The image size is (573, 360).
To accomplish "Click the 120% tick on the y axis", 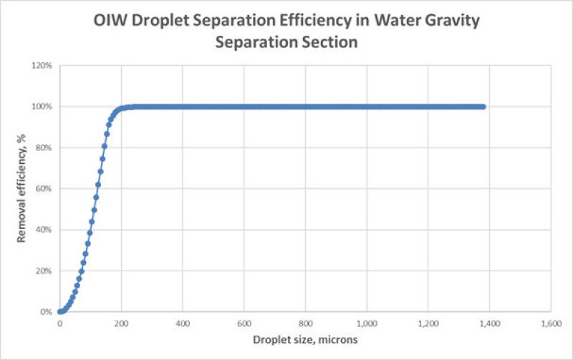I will click(42, 65).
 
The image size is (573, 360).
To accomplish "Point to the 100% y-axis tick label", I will click(42, 107).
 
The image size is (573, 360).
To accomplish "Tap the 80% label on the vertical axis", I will click(44, 147).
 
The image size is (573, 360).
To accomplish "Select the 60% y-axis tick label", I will click(44, 189).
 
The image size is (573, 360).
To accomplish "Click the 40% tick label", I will click(44, 230).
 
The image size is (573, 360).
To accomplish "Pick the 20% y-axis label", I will click(44, 271).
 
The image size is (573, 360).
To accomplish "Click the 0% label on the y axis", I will click(46, 312).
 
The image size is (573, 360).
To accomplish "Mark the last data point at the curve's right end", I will click(483, 107).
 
